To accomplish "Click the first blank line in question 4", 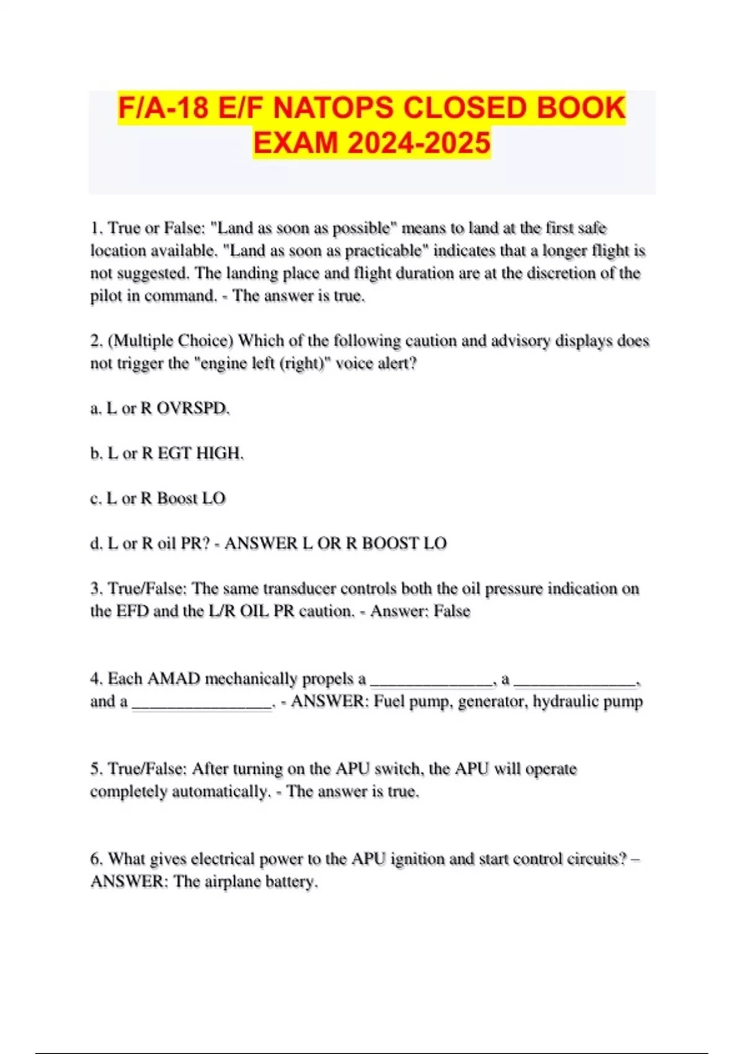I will (432, 682).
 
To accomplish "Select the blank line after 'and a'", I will (202, 705).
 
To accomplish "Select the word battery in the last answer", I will (290, 882).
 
